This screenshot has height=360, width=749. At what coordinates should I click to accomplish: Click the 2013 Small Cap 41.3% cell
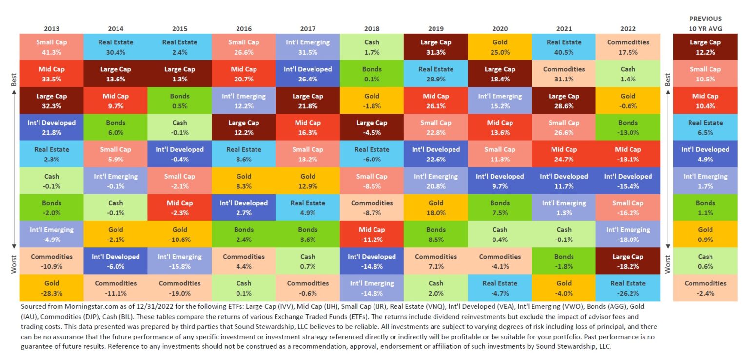(x=52, y=47)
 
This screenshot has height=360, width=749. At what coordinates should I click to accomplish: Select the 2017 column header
(x=307, y=29)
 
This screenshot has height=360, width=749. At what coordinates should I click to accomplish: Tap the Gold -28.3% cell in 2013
(x=52, y=288)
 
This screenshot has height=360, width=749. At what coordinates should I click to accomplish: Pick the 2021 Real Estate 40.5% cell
(x=564, y=47)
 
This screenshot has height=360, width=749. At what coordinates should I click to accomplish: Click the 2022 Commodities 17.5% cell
(x=628, y=47)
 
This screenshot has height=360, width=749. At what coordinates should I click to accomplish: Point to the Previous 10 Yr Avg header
(x=705, y=23)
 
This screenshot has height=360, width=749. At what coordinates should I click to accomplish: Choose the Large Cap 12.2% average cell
(x=705, y=47)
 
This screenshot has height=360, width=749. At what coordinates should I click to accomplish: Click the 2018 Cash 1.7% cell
(x=372, y=47)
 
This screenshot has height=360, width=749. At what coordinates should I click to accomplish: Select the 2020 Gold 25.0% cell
(x=500, y=47)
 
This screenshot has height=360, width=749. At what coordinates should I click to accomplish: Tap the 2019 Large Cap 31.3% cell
(x=435, y=47)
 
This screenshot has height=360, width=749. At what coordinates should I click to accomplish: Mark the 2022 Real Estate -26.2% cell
(x=628, y=288)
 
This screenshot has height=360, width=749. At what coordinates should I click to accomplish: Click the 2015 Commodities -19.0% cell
(x=179, y=288)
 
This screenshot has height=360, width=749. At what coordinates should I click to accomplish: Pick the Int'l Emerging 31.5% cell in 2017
(x=307, y=47)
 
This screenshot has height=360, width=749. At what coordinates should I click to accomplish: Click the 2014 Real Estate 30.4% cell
(x=116, y=47)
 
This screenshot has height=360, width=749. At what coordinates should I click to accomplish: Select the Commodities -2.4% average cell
(x=705, y=288)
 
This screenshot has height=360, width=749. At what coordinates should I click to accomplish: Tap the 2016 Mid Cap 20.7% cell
(x=243, y=74)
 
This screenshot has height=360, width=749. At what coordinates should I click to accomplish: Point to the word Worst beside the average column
(x=668, y=263)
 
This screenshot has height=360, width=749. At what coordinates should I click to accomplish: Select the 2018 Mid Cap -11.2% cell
(x=372, y=234)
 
